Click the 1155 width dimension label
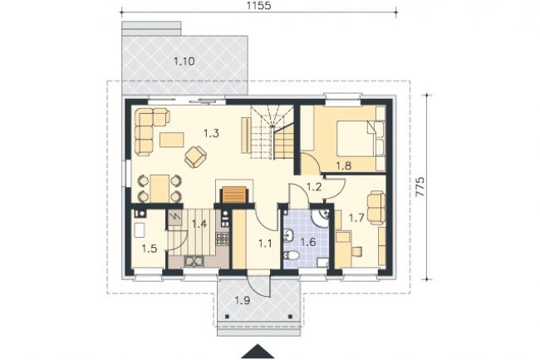click(259, 6)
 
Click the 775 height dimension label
click(420, 187)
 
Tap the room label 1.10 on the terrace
click(184, 62)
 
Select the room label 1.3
click(211, 133)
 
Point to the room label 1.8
click(344, 165)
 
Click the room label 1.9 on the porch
click(243, 301)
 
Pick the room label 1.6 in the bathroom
click(308, 242)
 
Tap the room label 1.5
click(150, 249)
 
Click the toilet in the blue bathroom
click(292, 255)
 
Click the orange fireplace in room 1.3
click(234, 195)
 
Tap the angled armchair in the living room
click(195, 157)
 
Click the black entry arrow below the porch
click(258, 352)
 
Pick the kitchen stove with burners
click(223, 239)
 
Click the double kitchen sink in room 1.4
click(194, 261)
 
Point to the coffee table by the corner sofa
click(171, 140)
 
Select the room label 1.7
click(356, 218)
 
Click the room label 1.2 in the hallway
click(314, 187)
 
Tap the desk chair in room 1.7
click(356, 251)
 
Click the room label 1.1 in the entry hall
click(265, 244)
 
